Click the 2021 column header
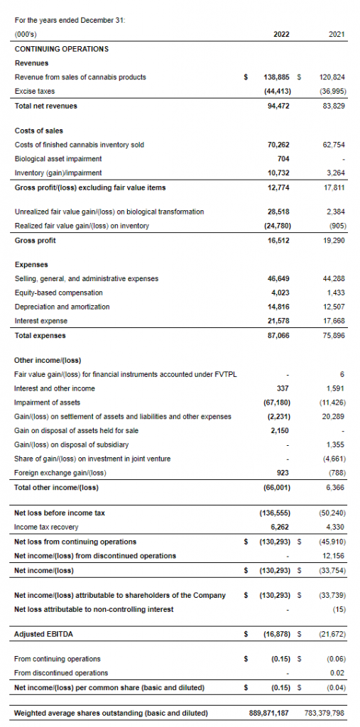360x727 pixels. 337,34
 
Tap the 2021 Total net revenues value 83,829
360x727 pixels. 333,106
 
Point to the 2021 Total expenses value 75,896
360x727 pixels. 333,335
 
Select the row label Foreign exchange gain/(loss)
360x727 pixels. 60,473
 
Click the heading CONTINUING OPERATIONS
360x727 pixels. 62,49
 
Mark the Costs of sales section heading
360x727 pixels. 39,131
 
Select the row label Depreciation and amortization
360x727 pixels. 62,307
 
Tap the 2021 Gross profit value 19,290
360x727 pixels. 333,240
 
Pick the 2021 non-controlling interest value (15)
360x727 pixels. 337,609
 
